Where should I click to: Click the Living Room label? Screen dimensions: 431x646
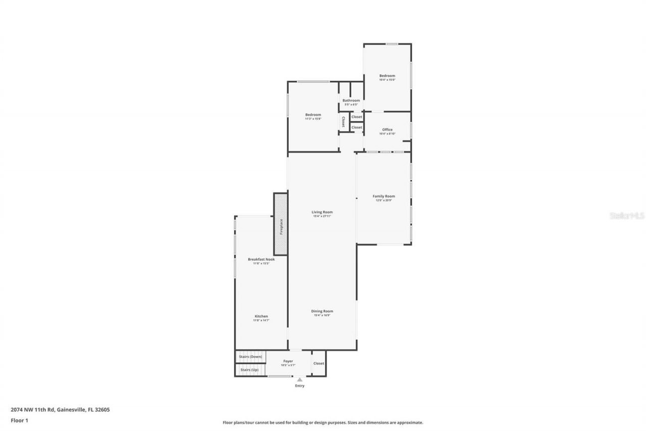point(322,212)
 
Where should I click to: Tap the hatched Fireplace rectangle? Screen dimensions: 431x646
point(281,224)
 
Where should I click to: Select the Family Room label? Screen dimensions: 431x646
point(384,196)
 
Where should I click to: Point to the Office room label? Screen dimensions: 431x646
point(387,130)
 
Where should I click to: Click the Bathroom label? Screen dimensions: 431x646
point(351,101)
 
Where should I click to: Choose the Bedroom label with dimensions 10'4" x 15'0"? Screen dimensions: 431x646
point(387,76)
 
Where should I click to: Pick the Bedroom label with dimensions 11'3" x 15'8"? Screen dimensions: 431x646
point(313,115)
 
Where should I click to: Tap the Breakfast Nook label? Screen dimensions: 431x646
point(261,259)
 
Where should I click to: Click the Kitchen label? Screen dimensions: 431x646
point(261,316)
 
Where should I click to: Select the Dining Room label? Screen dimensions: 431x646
point(322,311)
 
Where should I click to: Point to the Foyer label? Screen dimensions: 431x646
point(288,361)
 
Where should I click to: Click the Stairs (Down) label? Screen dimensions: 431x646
point(251,357)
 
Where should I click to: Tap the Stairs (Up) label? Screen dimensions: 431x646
point(249,370)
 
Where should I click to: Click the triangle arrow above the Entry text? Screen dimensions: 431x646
point(300,379)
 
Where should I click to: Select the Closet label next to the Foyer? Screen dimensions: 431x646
point(318,363)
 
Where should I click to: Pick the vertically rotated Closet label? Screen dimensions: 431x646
point(343,122)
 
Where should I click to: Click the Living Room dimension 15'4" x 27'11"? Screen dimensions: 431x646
point(322,216)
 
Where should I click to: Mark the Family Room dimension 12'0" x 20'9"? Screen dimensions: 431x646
point(384,200)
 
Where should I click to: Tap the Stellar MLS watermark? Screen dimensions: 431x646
point(627,216)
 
